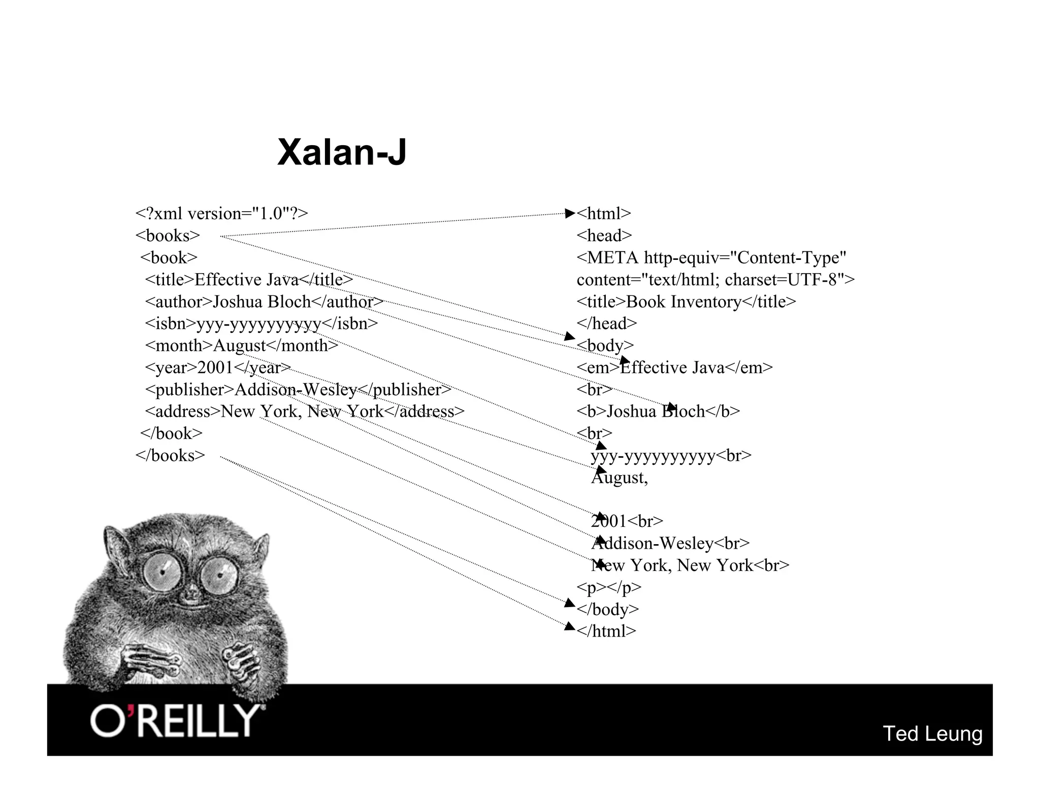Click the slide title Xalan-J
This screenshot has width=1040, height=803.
(341, 152)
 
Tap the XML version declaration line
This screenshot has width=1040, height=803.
(221, 214)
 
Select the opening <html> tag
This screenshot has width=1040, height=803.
(603, 214)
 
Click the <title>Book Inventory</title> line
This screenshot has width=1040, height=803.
(686, 302)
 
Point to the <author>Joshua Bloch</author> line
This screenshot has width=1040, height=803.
(264, 302)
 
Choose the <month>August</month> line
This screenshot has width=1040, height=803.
(241, 346)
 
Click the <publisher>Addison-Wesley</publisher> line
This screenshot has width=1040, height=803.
(298, 390)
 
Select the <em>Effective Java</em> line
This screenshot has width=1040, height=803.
(674, 367)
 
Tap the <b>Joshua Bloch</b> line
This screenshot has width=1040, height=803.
(658, 412)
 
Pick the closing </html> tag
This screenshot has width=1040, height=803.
(606, 631)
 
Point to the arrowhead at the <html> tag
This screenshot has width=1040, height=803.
(570, 214)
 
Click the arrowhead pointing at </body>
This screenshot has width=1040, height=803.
(570, 603)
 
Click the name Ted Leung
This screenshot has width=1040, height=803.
(932, 733)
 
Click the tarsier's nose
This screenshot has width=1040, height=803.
(192, 592)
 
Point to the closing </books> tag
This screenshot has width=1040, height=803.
(170, 455)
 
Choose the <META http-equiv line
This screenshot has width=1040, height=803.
(711, 258)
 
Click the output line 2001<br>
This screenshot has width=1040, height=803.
(627, 521)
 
